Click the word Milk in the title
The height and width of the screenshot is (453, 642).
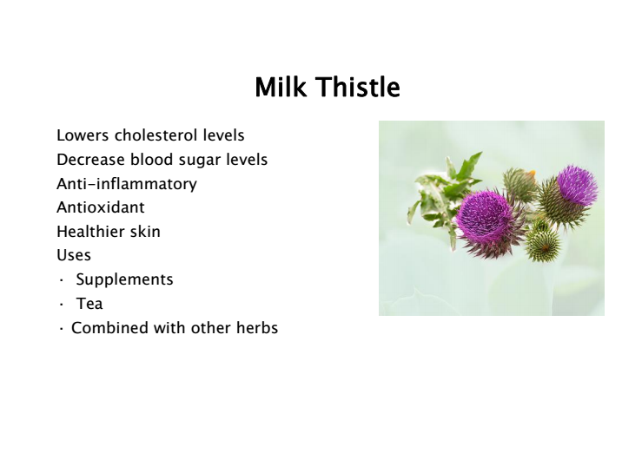tap(281, 87)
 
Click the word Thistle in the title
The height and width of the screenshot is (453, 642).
tap(358, 87)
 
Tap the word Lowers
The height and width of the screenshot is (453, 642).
tap(83, 135)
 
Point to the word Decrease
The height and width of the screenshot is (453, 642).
tap(90, 160)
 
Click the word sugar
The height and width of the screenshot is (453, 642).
tap(200, 161)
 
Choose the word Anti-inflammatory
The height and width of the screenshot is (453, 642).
tap(127, 184)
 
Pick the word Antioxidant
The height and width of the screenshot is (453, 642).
tap(101, 207)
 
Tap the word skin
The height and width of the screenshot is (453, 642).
tap(145, 232)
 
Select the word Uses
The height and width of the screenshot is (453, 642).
tap(74, 255)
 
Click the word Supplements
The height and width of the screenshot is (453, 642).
tap(124, 279)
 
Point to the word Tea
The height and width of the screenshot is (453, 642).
tap(89, 304)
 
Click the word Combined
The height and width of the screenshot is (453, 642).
tap(109, 328)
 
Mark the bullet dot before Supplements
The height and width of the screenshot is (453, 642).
tap(62, 280)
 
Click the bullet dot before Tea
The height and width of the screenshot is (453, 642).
tap(62, 305)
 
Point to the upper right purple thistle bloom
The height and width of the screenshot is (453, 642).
tap(578, 185)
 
